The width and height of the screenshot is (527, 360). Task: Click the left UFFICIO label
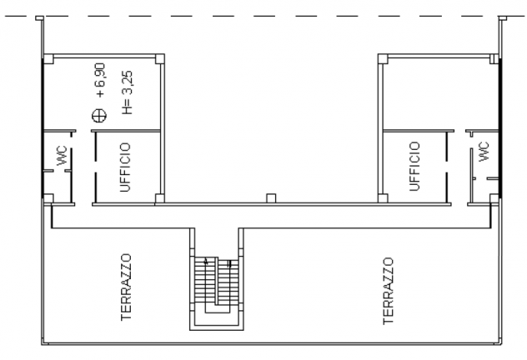coord(125,167)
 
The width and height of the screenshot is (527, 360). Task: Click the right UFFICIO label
coord(414,166)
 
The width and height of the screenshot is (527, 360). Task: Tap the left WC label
coord(63,156)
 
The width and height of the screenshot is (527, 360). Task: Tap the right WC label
coord(484,152)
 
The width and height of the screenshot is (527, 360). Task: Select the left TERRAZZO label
coord(126,287)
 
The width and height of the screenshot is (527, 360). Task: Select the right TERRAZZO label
coord(388,291)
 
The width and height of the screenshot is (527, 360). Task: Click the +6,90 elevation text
coord(101,80)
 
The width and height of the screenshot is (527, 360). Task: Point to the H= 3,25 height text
coord(128,92)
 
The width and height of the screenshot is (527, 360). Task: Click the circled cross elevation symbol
coord(99,116)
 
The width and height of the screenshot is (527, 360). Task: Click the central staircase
coord(217,289)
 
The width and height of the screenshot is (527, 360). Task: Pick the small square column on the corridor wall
coord(271,198)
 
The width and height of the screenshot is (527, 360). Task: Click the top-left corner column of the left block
coord(48,59)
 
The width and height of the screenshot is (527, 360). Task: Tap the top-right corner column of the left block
coord(159,59)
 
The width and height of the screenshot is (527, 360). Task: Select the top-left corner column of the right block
coord(383,59)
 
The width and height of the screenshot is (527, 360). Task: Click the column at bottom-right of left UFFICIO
coord(159,199)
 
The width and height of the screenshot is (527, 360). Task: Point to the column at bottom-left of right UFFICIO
coord(383,198)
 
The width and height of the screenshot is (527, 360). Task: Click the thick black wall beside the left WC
coord(43,127)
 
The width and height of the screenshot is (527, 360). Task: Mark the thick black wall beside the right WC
coord(500,127)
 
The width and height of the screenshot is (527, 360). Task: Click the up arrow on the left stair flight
coord(206,261)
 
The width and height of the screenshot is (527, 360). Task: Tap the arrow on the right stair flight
coord(229,264)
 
